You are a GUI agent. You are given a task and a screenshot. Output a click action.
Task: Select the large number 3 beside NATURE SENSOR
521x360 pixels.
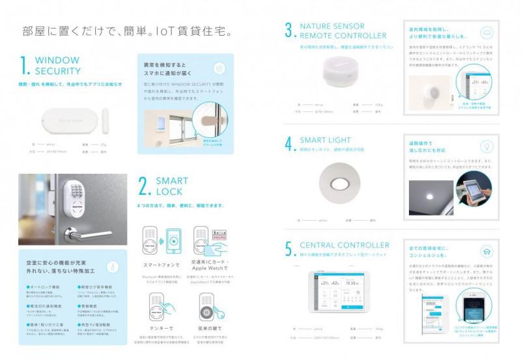tap(289, 30)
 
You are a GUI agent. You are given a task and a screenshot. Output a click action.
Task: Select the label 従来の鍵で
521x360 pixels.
tap(212, 328)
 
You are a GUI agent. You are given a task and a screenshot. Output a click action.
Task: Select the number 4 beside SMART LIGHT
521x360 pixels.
tap(289, 144)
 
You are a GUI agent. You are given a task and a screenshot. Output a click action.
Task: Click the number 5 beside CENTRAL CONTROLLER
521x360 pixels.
tap(289, 250)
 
